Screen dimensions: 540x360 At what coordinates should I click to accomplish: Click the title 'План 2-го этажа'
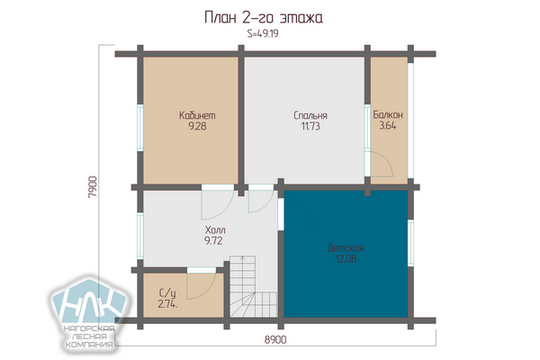click(x=264, y=18)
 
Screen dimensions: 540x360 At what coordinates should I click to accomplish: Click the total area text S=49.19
click(x=263, y=33)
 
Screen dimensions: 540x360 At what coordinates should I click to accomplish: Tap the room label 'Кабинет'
click(x=197, y=115)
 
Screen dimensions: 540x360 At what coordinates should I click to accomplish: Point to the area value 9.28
click(x=197, y=126)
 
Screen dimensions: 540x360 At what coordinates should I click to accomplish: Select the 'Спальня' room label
click(x=310, y=115)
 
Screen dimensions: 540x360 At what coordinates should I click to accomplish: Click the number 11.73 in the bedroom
click(x=310, y=126)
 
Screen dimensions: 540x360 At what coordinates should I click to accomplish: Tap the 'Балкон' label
click(x=388, y=114)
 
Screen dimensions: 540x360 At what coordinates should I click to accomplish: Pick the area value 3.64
click(x=388, y=125)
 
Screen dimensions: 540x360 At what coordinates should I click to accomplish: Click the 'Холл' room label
click(x=215, y=229)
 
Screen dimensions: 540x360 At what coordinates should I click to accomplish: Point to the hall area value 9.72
click(x=213, y=241)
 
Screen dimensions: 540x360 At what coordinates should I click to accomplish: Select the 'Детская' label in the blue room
click(x=346, y=248)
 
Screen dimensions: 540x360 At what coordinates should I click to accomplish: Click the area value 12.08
click(x=346, y=258)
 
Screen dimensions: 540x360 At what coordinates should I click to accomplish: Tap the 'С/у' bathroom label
click(x=167, y=293)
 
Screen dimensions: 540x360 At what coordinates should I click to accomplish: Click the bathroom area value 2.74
click(x=167, y=304)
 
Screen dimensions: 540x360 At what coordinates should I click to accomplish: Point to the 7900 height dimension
click(x=93, y=186)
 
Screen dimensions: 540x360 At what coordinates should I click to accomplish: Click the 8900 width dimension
click(x=275, y=339)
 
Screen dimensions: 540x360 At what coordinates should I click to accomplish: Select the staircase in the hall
click(x=254, y=286)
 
